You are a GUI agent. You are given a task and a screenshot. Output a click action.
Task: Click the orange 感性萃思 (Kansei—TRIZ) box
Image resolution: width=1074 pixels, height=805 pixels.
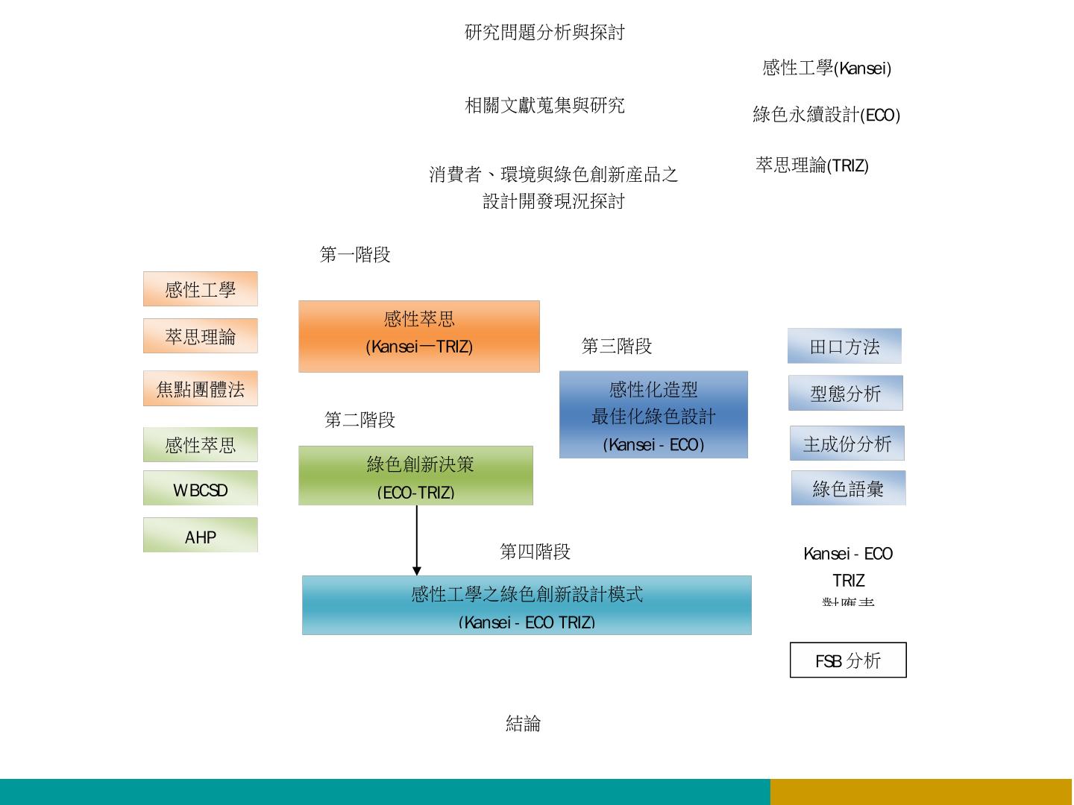pos(418,336)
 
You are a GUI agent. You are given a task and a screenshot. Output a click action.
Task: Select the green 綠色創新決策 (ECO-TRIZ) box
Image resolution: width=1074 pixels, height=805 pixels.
pos(415,476)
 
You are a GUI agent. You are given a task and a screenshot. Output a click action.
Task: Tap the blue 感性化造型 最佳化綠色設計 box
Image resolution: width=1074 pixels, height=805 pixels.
pos(653,414)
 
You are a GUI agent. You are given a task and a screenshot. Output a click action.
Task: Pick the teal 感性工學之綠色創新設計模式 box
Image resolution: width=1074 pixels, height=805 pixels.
pos(527,605)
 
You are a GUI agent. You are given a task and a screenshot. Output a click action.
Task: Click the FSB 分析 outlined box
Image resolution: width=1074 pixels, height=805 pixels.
pos(848,660)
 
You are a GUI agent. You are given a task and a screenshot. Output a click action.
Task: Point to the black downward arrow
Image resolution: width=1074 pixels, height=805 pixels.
pos(417,540)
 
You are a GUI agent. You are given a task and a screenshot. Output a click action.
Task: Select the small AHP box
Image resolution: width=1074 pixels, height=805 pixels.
pos(200,535)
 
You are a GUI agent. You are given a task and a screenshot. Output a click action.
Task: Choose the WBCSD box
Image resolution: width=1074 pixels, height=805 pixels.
pos(200,488)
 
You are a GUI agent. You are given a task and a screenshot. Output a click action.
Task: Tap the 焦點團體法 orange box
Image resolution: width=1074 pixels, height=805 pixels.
pos(200,388)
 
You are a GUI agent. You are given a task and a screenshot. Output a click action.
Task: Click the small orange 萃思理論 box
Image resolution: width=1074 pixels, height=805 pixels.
pos(200,336)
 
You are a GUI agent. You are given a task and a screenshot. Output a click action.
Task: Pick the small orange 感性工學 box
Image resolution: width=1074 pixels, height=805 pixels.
pos(200,289)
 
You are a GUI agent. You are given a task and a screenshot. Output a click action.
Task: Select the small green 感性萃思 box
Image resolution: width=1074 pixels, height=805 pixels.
pos(200,445)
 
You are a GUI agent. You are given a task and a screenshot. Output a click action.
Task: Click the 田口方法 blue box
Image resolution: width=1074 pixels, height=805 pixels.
pos(844,346)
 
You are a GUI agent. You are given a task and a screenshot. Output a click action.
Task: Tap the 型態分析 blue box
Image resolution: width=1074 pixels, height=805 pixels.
pos(845,393)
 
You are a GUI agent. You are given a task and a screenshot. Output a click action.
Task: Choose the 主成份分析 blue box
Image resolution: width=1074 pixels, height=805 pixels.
pos(847,443)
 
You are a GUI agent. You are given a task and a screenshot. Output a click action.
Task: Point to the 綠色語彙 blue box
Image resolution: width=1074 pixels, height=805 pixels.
pos(848,488)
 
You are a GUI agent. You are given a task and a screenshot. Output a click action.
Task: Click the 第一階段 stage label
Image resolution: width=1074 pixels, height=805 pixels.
pos(355,255)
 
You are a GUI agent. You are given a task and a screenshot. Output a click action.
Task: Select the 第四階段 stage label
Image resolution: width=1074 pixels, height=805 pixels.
pos(535,552)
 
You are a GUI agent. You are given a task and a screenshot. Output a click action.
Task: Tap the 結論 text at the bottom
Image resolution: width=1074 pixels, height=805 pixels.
pos(523,723)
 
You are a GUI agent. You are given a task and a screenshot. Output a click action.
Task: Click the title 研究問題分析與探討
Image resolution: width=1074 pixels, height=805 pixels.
pos(544,32)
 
